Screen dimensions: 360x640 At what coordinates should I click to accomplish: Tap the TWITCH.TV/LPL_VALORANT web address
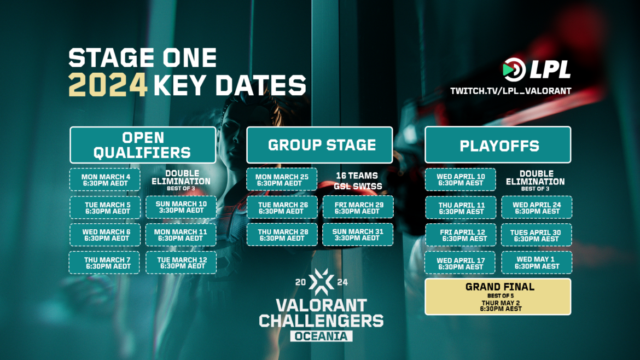510,90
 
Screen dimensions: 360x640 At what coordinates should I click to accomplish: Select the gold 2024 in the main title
108,85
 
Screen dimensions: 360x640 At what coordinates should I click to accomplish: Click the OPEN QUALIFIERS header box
142,144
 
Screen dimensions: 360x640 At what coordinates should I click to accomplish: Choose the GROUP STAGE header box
319,145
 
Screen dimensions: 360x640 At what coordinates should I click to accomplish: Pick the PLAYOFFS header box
498,145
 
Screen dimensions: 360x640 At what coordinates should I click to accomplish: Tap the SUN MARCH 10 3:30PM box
182,207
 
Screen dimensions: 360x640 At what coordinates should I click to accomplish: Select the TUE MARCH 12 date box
182,263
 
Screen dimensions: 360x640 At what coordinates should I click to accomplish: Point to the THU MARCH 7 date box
104,263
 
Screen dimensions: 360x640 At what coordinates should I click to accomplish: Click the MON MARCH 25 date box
282,180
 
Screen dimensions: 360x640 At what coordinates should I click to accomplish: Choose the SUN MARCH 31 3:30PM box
357,235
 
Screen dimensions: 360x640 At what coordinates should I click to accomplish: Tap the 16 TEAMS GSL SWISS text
357,181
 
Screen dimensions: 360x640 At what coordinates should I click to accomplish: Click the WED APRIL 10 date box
461,180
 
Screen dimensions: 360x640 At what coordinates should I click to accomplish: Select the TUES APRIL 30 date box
536,235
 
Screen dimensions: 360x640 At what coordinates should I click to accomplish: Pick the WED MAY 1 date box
536,263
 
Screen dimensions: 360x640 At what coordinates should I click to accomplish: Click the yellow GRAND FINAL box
498,297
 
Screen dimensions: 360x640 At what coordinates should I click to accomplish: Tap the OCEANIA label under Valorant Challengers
321,335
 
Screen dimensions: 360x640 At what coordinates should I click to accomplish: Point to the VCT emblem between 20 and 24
321,281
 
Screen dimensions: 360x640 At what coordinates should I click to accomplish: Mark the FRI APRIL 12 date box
461,235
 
